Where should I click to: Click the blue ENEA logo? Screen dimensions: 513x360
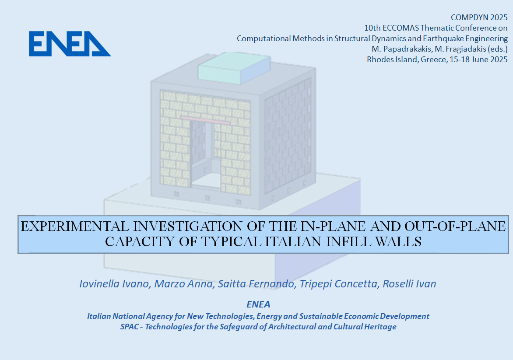coord(70,44)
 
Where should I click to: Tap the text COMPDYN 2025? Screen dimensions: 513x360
coord(479,17)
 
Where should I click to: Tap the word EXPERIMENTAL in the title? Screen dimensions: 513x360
coord(75,226)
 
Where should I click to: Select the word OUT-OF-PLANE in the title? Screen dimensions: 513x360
coord(455,226)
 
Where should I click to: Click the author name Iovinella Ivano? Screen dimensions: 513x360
coord(115,283)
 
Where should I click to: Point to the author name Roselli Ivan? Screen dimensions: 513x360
coord(409,283)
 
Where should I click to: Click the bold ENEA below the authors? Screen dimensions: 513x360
coord(258,304)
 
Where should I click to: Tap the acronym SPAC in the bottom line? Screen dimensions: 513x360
coord(130,327)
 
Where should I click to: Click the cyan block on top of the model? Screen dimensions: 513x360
coord(234,68)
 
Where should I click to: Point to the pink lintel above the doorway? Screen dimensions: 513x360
coord(205,120)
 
